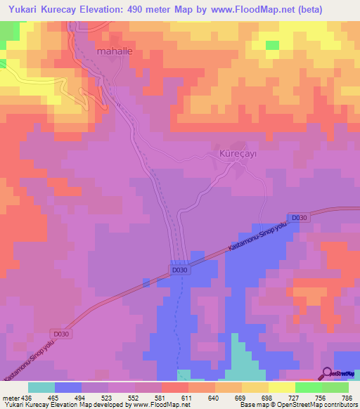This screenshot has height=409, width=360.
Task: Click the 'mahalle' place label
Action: click(x=113, y=52)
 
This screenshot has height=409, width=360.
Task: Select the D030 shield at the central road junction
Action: click(x=180, y=270)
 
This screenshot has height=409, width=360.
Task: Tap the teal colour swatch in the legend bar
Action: click(x=41, y=387)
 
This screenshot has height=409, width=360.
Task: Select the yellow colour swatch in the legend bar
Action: click(x=282, y=387)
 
